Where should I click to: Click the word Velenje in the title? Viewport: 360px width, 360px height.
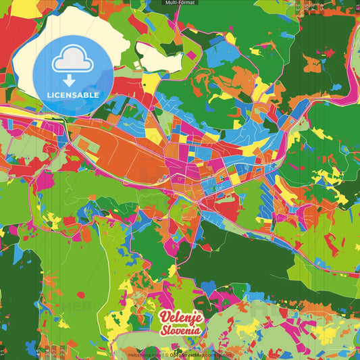(x=180, y=318)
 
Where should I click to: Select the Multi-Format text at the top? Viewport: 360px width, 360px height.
(x=180, y=3)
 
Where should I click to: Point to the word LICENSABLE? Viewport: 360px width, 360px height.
(x=73, y=95)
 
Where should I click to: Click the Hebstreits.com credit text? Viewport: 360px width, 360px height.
(x=144, y=354)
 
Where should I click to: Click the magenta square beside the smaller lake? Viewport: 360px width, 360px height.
(x=190, y=53)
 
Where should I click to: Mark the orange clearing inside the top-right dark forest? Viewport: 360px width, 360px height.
(x=311, y=64)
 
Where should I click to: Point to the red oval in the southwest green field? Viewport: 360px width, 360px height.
(x=82, y=294)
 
